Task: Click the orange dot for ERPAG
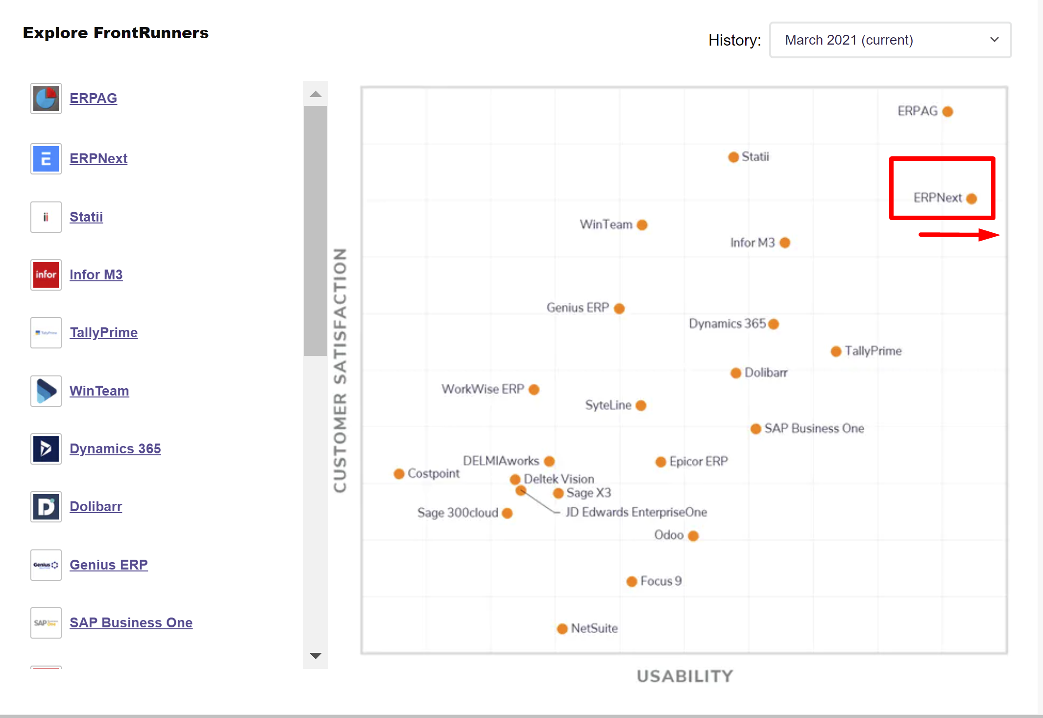pos(947,112)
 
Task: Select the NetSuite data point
pos(562,629)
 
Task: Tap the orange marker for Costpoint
pos(399,474)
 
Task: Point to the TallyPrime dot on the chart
pos(836,351)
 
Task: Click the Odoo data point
pos(693,536)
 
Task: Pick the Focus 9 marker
pos(631,581)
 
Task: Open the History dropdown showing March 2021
pos(890,40)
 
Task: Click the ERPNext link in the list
pos(98,158)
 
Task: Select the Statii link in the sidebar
pos(86,217)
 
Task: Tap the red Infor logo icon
pos(46,274)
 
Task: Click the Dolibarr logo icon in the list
pos(46,506)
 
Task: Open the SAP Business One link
pos(131,622)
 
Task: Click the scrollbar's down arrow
pos(315,656)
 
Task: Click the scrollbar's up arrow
pos(315,94)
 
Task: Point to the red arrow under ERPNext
pos(959,235)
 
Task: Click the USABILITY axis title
pos(684,676)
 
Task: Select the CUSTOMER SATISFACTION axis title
pos(340,371)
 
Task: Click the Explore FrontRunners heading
pos(116,33)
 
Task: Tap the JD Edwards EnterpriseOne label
pos(636,512)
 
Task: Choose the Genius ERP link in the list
pos(108,565)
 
